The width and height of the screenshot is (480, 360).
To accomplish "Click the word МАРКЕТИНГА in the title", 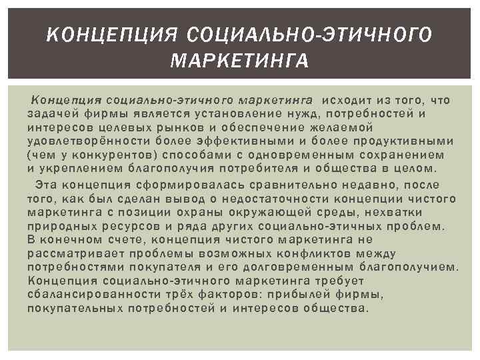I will [x=239, y=62].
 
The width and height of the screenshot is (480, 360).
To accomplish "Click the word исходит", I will [x=344, y=100].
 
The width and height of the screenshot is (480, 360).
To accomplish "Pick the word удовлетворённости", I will [x=83, y=141].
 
